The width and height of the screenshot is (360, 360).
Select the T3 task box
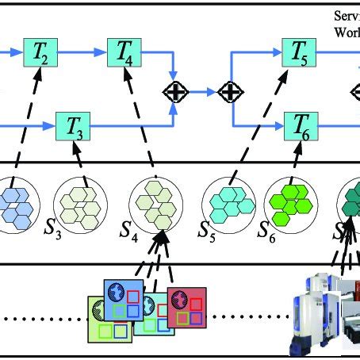click(70, 125)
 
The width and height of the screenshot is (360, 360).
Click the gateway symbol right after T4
click(174, 93)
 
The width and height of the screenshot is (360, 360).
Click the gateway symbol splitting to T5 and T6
click(230, 93)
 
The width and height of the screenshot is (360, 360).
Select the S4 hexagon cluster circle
click(154, 205)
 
